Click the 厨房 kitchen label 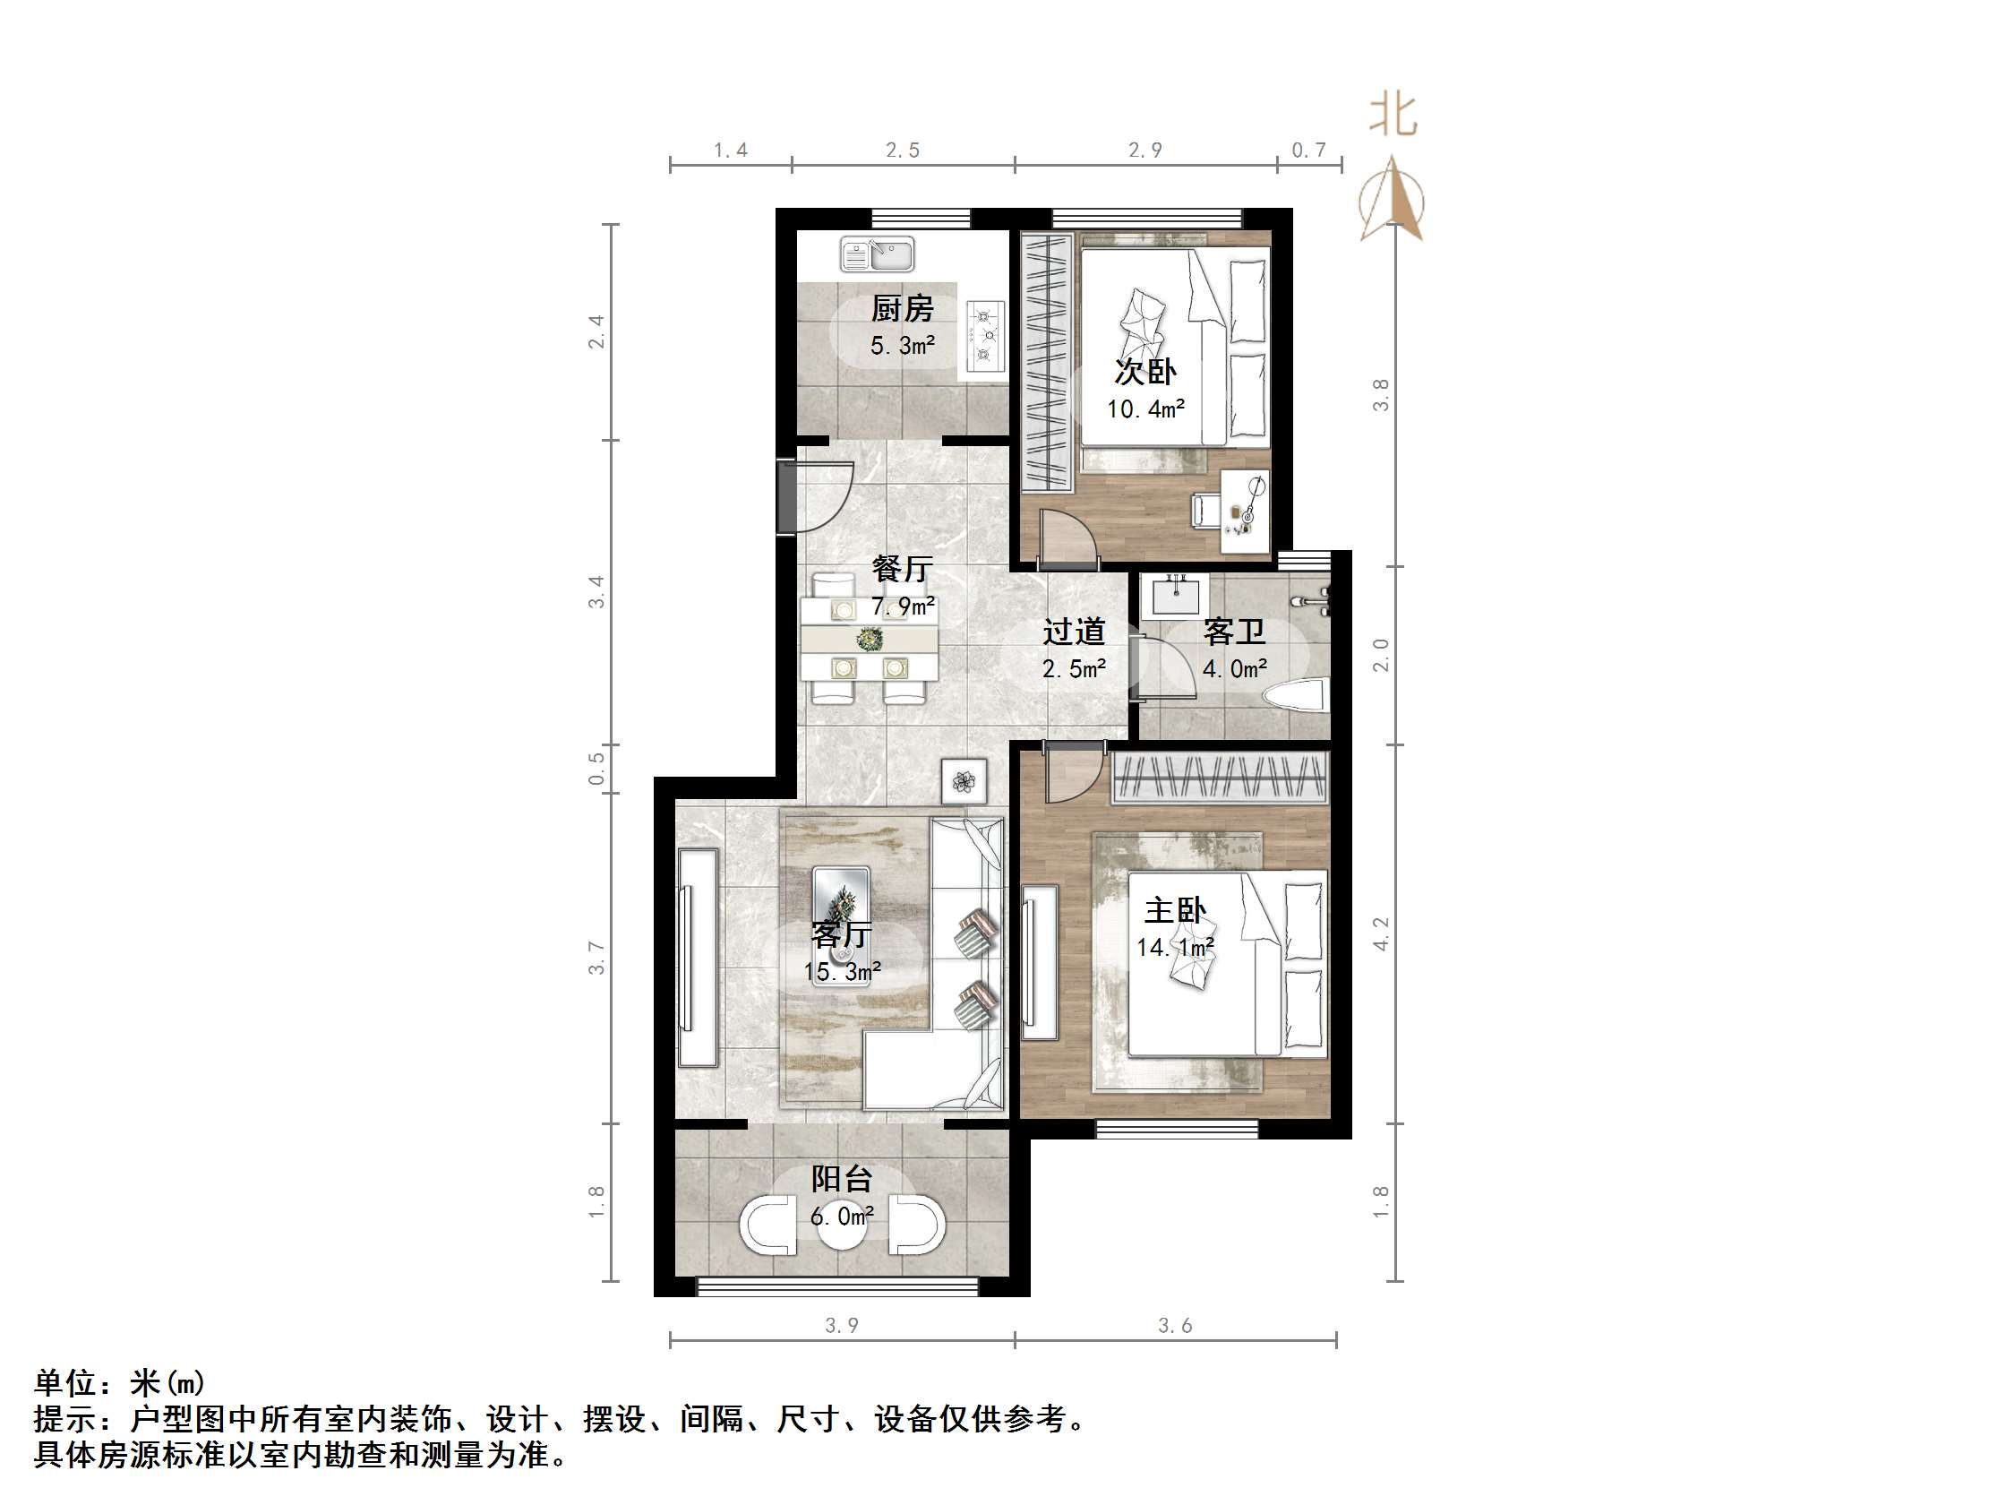(902, 309)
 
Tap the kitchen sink (877, 254)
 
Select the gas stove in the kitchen (986, 336)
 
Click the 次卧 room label (1145, 372)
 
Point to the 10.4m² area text (1145, 409)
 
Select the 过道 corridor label (1074, 632)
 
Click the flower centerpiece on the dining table (869, 640)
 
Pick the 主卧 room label (1175, 910)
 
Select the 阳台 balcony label (842, 1178)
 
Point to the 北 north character (1393, 116)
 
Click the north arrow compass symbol (1392, 201)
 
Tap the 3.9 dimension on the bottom (842, 1325)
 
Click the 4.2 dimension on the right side (1380, 933)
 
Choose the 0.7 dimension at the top (1308, 150)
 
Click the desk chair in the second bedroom (1205, 510)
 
